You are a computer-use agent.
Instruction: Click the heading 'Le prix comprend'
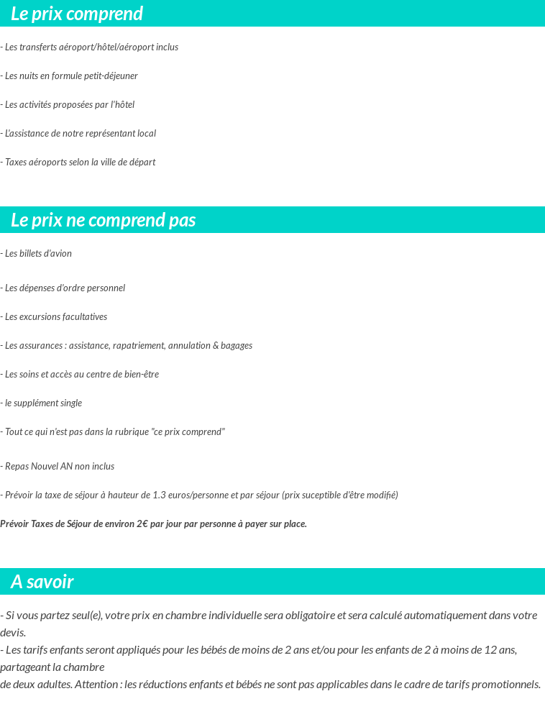77,14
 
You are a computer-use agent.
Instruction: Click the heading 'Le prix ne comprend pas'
103,220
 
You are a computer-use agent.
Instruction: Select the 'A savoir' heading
42,582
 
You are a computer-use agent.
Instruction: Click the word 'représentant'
109,134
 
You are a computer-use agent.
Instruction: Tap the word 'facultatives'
85,317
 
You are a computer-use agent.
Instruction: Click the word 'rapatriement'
138,346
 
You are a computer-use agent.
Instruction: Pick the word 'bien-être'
141,375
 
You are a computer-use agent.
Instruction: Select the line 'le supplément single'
43,403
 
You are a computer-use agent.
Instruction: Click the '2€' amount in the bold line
142,524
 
